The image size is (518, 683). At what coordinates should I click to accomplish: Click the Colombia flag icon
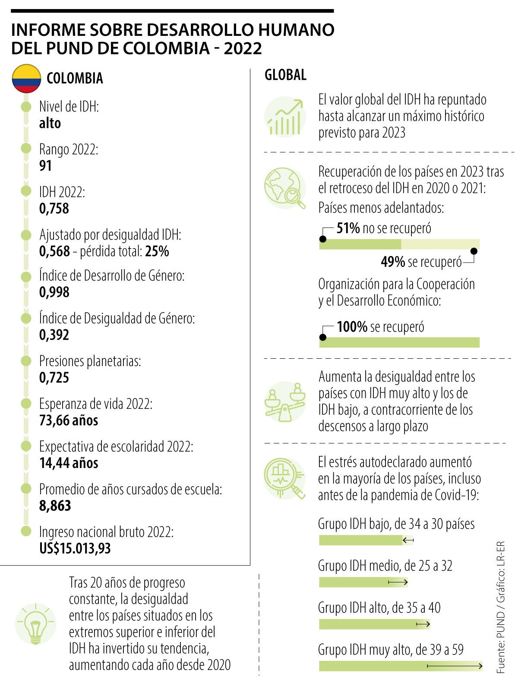[26, 79]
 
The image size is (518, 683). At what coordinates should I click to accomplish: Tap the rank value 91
[45, 166]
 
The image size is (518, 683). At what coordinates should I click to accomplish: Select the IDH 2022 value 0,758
[54, 209]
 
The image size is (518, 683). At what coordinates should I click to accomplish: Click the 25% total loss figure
[157, 251]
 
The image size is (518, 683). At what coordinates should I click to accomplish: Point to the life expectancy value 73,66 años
[69, 420]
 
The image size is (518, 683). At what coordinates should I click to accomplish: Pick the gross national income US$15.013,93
[75, 548]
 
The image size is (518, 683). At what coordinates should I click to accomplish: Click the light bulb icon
[35, 624]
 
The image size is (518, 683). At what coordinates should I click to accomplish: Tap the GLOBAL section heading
[285, 75]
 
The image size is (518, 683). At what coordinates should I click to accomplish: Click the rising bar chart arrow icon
[285, 117]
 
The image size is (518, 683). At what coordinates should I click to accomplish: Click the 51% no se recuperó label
[383, 228]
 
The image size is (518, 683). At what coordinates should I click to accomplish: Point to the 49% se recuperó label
[421, 262]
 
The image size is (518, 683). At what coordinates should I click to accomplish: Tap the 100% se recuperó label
[380, 327]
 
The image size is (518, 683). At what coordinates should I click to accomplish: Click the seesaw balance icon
[285, 402]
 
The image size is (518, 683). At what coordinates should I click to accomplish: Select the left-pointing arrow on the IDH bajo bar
[408, 540]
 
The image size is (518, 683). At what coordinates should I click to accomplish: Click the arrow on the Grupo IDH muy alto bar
[454, 666]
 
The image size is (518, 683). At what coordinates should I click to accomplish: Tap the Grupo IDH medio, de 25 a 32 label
[385, 566]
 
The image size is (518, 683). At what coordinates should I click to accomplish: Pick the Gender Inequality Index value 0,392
[54, 335]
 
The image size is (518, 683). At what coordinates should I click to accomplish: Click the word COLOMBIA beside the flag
[75, 79]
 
